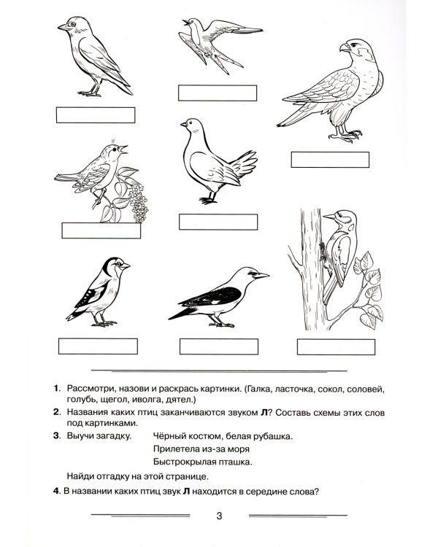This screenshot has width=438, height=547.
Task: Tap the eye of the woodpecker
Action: pyautogui.click(x=339, y=215)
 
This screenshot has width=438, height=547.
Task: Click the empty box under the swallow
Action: pyautogui.click(x=218, y=93)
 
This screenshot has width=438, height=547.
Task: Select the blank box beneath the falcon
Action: pyautogui.click(x=330, y=160)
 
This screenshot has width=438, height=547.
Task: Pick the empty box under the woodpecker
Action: pyautogui.click(x=336, y=346)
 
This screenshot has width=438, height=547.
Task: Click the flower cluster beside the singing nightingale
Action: pyautogui.click(x=139, y=203)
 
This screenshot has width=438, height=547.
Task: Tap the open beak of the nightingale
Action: pyautogui.click(x=123, y=150)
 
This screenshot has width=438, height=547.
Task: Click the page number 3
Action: pyautogui.click(x=219, y=516)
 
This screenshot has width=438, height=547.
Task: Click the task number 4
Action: pyautogui.click(x=57, y=491)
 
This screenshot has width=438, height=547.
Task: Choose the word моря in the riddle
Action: pyautogui.click(x=239, y=449)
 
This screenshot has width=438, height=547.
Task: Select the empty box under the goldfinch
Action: pyautogui.click(x=98, y=346)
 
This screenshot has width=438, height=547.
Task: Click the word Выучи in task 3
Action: pyautogui.click(x=81, y=436)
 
